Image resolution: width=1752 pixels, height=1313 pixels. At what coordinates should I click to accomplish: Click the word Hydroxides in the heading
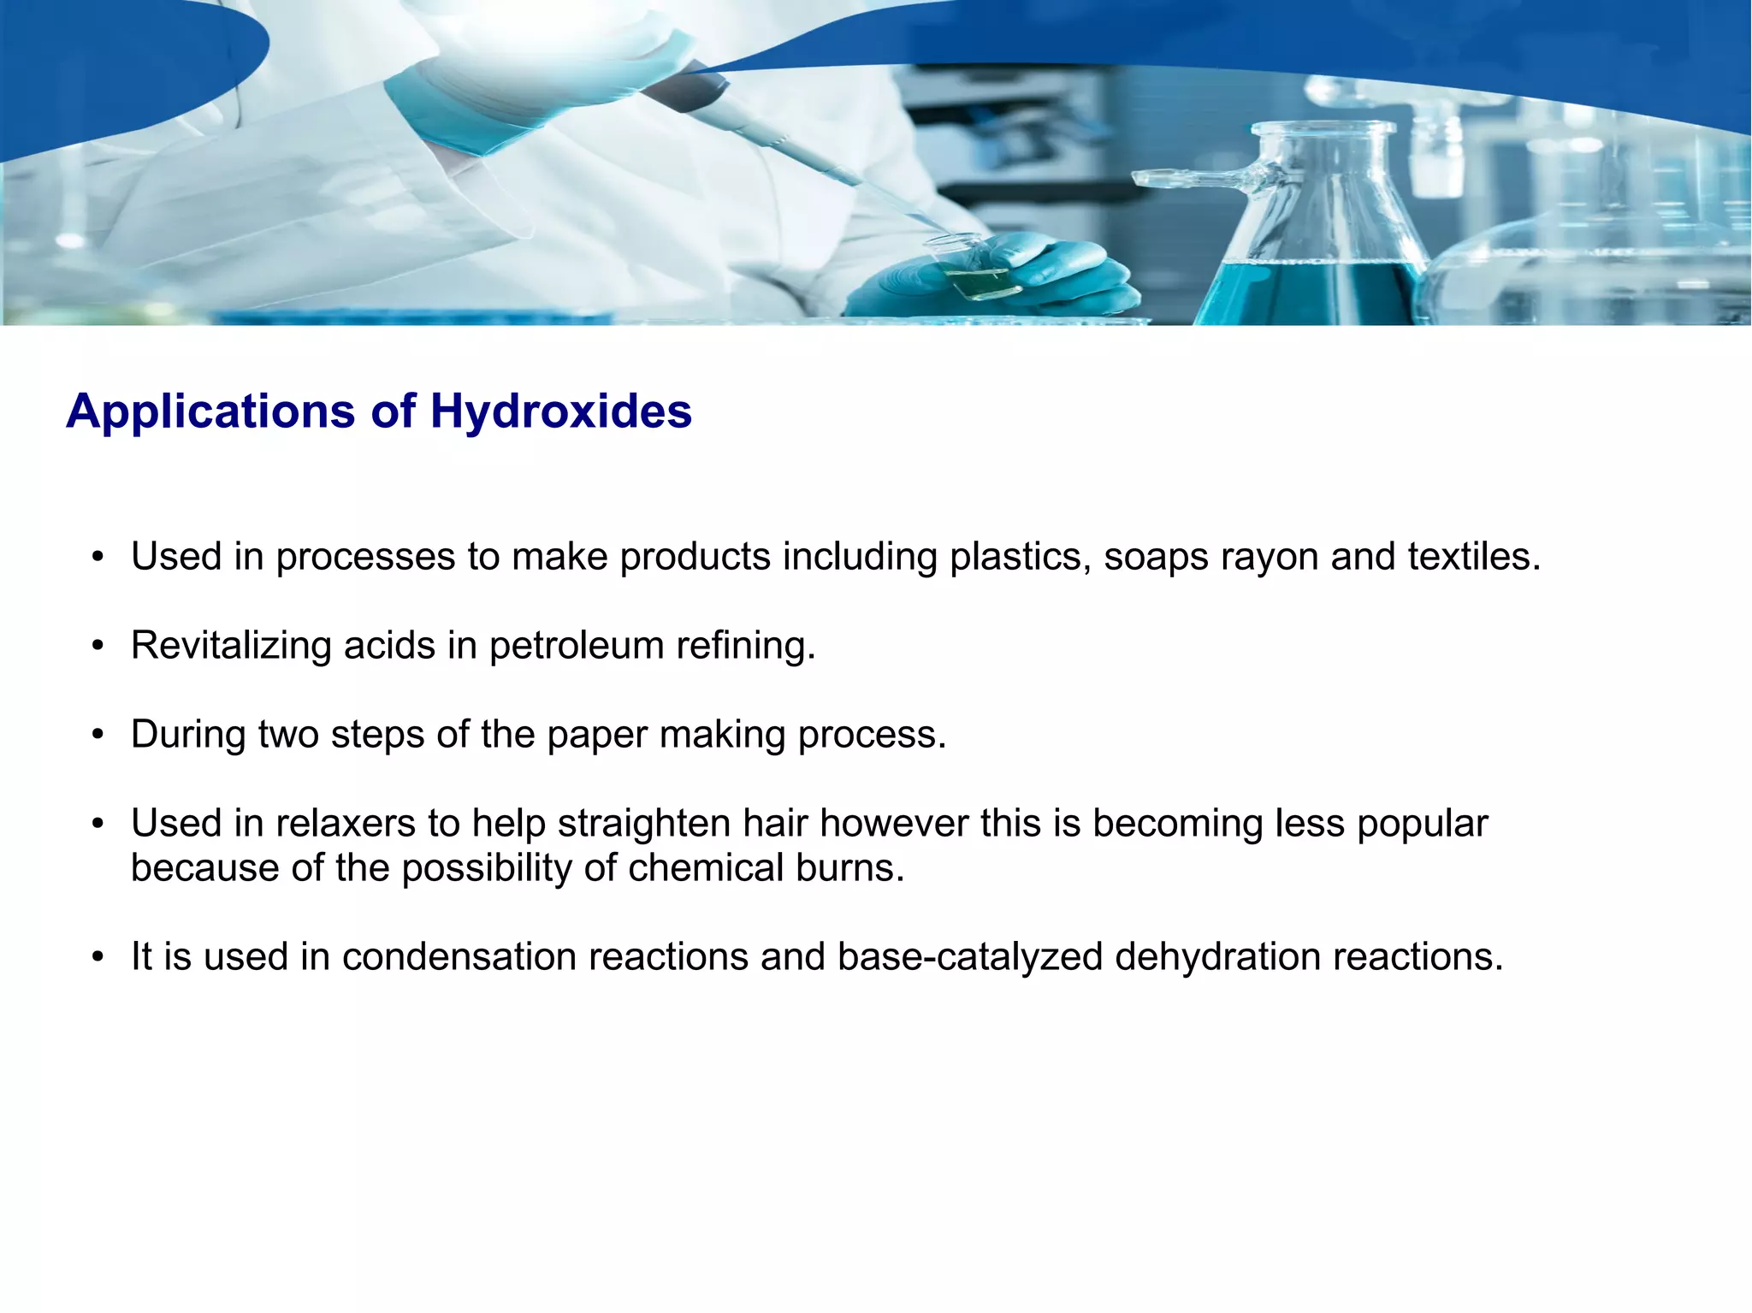click(560, 411)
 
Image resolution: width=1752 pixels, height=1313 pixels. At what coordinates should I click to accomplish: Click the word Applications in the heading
click(210, 411)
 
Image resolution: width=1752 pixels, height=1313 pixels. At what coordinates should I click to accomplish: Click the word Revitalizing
click(230, 646)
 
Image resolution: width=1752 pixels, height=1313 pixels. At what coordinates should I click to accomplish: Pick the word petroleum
click(576, 646)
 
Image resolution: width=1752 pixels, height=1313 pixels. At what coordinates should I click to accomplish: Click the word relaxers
click(346, 824)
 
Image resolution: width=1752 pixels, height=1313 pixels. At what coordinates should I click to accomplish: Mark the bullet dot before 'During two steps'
click(98, 736)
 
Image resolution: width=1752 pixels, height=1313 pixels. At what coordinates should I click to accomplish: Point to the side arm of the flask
click(1198, 179)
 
